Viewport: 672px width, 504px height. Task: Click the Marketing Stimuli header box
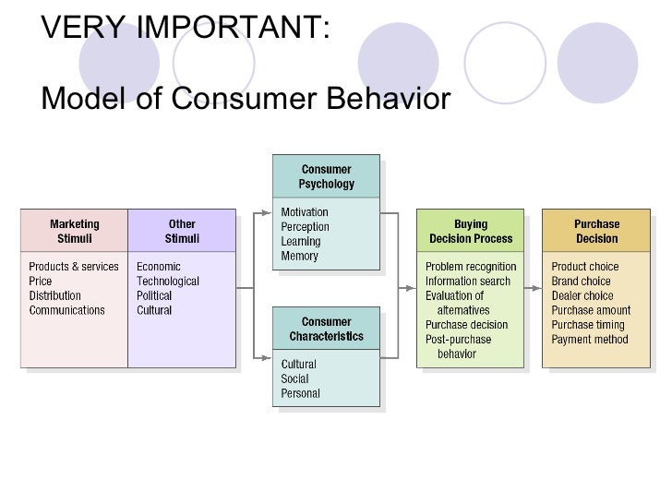(74, 231)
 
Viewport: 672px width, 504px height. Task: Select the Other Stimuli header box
(182, 231)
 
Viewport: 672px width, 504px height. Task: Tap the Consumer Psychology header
(326, 176)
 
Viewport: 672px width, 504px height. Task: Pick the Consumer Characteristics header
(326, 330)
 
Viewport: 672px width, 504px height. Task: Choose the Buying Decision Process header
(471, 231)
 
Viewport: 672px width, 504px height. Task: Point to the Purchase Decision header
(596, 231)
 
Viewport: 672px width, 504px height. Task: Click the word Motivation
(305, 212)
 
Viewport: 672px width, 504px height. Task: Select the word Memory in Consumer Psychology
(300, 257)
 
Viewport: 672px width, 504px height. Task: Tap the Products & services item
(74, 267)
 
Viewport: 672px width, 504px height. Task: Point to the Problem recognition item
(471, 267)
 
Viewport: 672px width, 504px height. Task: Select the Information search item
(468, 282)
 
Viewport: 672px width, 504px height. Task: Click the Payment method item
(590, 340)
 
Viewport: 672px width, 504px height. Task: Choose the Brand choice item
(582, 282)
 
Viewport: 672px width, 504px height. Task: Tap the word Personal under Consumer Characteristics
(301, 393)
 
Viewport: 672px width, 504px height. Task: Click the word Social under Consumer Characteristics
(295, 378)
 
